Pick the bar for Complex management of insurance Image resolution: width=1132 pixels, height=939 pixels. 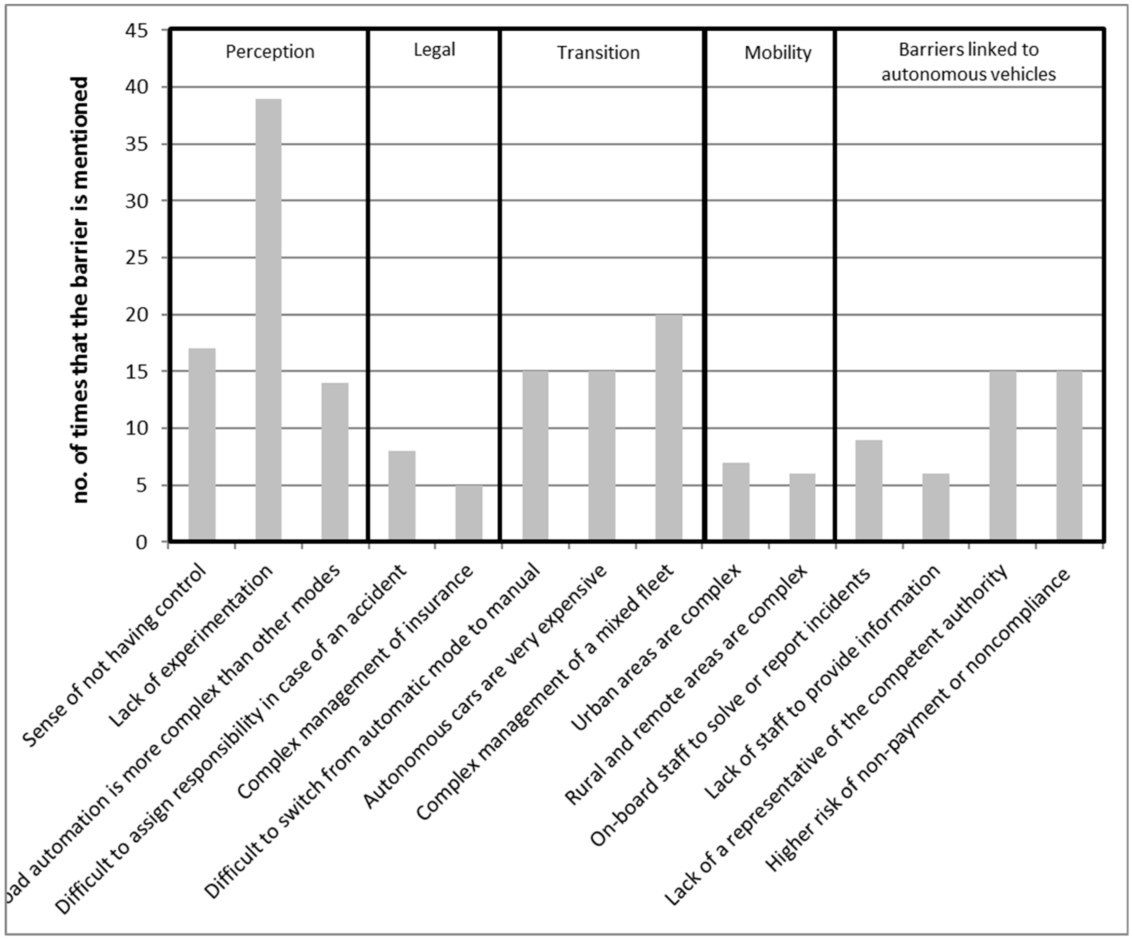tap(469, 513)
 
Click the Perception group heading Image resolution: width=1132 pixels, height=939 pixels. tap(269, 52)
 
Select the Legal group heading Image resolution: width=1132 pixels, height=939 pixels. tap(434, 50)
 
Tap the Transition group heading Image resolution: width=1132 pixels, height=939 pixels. tap(598, 53)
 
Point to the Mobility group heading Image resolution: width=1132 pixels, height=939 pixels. tap(777, 53)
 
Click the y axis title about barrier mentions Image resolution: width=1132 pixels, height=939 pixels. tap(80, 290)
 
